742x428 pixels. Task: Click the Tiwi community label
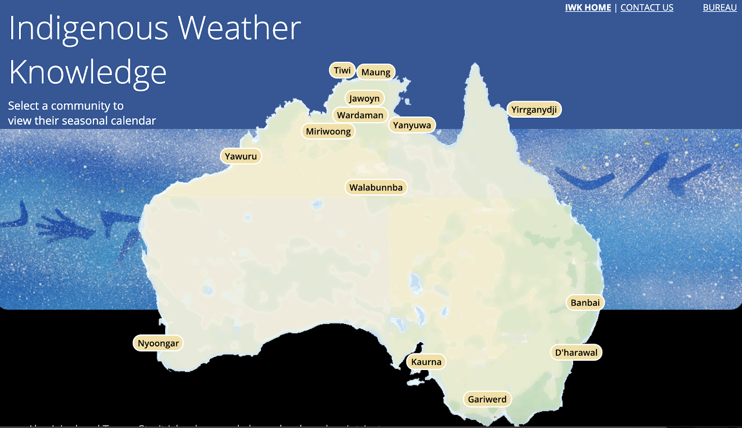342,70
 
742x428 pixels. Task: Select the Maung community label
376,72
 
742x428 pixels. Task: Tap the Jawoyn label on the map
365,98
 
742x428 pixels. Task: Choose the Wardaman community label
360,115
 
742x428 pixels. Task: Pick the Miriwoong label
328,131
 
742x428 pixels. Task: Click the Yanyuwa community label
412,125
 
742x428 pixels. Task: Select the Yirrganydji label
534,109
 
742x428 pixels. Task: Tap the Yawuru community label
241,156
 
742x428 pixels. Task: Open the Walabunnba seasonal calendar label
376,187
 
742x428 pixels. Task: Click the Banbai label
585,303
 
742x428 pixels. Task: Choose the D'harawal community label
576,352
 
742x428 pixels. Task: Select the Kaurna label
426,362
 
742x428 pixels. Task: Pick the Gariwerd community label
487,399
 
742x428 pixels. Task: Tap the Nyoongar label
158,343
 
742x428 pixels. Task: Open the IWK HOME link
588,7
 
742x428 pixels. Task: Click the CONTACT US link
647,7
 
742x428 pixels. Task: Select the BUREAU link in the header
720,7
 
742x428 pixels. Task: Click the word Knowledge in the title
88,73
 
